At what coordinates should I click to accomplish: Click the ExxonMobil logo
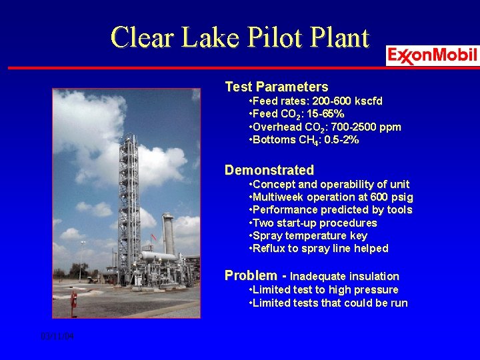coord(433,55)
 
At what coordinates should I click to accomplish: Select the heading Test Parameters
coord(276,87)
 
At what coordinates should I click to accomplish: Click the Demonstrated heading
coord(269,170)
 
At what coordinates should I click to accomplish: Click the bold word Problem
coord(251,275)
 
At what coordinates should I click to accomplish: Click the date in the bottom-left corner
coord(57,337)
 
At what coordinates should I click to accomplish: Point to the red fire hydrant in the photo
coord(74,299)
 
